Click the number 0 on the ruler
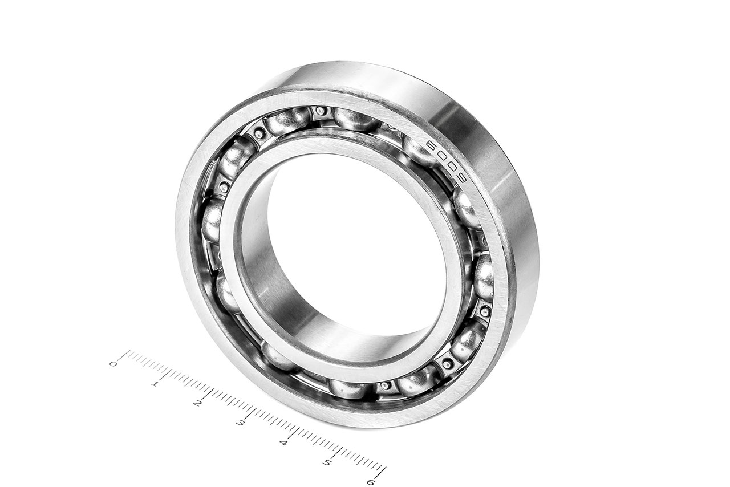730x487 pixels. [113, 364]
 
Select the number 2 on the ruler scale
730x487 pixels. [197, 404]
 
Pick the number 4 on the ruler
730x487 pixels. [283, 443]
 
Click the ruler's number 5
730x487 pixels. [327, 462]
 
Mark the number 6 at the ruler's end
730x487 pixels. [371, 482]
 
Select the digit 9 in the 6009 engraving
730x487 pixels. [462, 181]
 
